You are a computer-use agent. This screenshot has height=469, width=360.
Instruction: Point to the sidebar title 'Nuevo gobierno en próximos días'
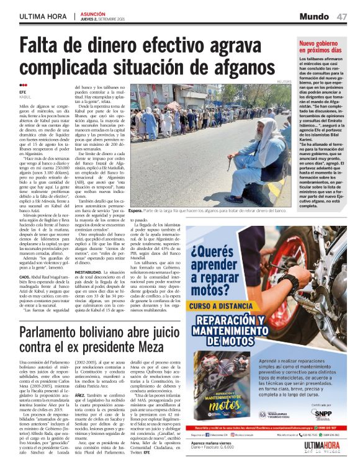tap(320, 47)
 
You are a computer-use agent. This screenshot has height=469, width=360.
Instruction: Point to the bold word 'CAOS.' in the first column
tap(25, 277)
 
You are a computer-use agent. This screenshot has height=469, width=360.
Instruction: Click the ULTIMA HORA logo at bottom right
tap(323, 447)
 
